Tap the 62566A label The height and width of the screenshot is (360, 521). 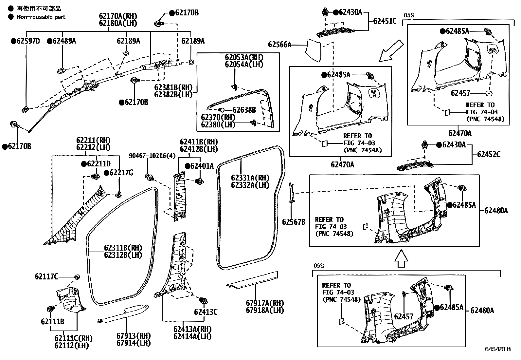(x=279, y=44)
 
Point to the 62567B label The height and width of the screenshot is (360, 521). (x=294, y=222)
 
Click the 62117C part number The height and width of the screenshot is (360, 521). (x=46, y=277)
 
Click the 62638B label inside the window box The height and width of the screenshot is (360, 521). (x=244, y=110)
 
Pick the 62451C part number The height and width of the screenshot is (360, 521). (x=385, y=21)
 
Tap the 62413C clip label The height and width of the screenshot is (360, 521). (x=206, y=312)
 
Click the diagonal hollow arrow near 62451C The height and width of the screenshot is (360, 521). (x=390, y=50)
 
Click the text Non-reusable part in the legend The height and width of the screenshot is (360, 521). (x=41, y=17)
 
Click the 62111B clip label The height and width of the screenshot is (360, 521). (x=52, y=322)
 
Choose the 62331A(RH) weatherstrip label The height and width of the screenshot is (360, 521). (x=250, y=178)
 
